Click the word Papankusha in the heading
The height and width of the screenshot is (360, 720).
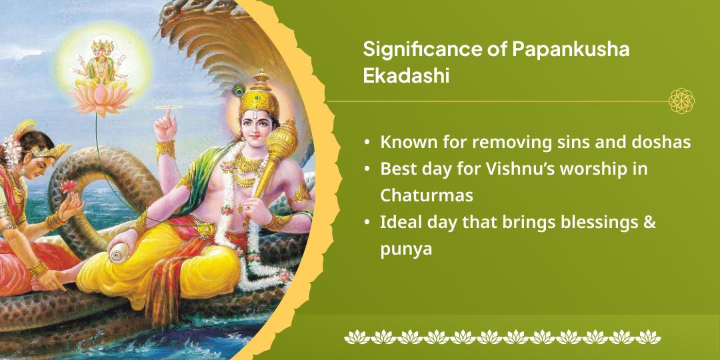(570, 49)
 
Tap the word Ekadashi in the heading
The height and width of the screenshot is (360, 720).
(405, 76)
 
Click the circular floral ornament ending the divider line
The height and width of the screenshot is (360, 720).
(681, 101)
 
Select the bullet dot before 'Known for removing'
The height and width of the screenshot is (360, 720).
(367, 143)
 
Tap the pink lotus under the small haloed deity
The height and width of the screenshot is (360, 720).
(99, 98)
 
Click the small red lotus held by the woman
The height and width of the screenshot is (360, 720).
(69, 186)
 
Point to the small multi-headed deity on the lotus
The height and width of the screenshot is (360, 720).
(101, 63)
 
